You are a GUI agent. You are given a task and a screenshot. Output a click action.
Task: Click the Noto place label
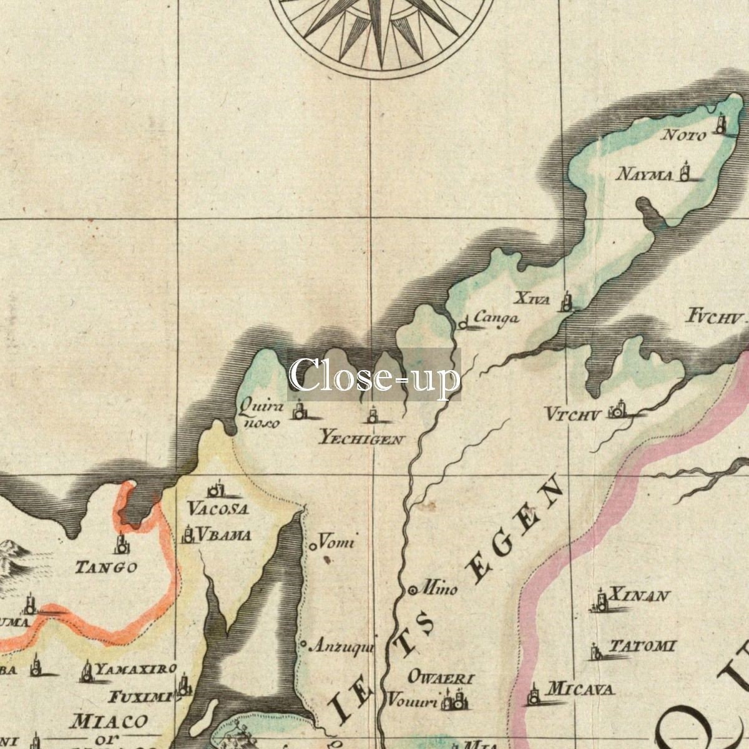[x=683, y=135]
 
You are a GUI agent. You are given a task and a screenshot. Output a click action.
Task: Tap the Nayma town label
[x=645, y=174]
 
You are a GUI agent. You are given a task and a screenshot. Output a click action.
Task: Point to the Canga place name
[x=496, y=318]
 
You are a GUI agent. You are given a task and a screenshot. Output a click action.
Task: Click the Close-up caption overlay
[x=374, y=374]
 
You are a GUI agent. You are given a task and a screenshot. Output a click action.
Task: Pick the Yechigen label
[x=361, y=439]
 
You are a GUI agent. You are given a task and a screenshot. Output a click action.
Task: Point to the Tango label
[x=106, y=567]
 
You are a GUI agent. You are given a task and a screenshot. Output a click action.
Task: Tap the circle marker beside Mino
[x=413, y=589]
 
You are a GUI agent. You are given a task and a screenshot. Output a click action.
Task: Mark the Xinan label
[x=639, y=595]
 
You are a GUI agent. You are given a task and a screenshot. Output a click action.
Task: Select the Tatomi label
[x=642, y=646]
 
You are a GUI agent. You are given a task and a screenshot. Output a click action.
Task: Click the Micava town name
[x=580, y=689]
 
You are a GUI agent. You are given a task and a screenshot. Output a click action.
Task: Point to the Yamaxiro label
[x=136, y=669]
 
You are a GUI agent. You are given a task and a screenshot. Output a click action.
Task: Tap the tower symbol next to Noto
[x=721, y=124]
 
